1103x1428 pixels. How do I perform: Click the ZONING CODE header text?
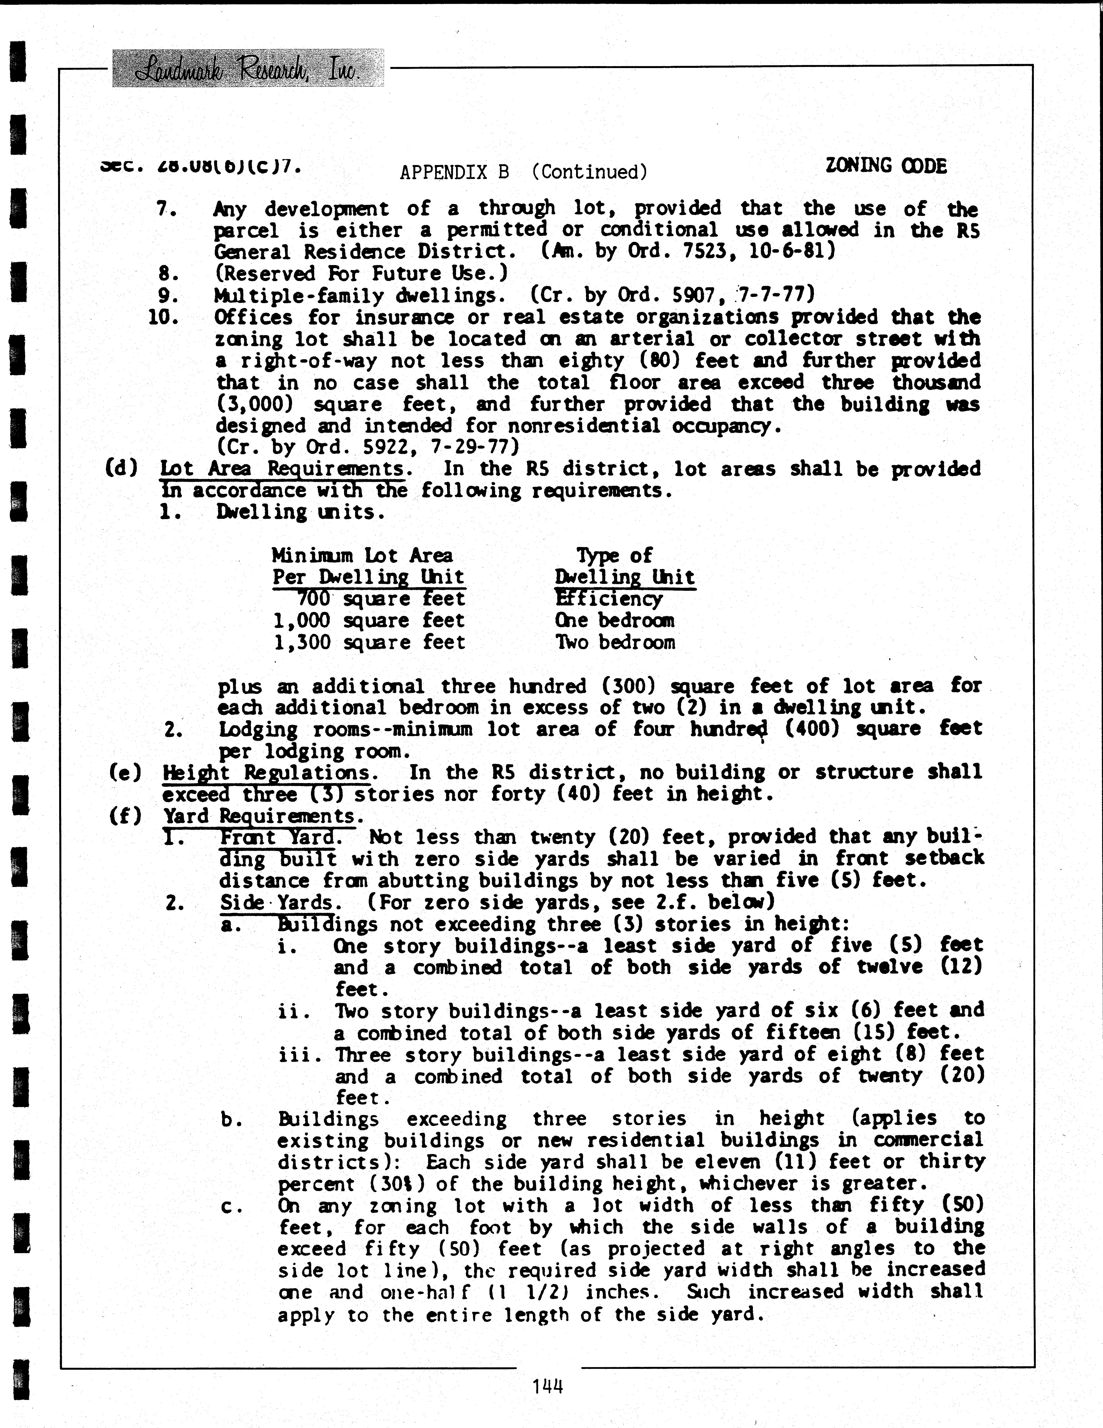point(886,166)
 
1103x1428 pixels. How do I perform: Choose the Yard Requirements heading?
point(263,816)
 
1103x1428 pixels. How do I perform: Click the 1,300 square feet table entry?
point(369,642)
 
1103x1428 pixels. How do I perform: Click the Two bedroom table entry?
point(615,642)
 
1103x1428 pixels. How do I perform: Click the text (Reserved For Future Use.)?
point(362,273)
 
